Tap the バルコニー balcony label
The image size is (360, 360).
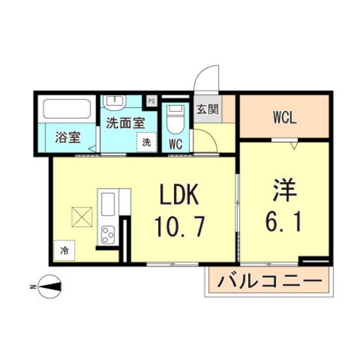[x=270, y=280]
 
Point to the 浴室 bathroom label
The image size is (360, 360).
[x=67, y=138]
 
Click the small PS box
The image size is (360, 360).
[x=151, y=101]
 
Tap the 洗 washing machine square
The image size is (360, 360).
[x=146, y=142]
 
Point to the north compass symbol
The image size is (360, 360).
[x=49, y=287]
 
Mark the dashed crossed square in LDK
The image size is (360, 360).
[x=82, y=217]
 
